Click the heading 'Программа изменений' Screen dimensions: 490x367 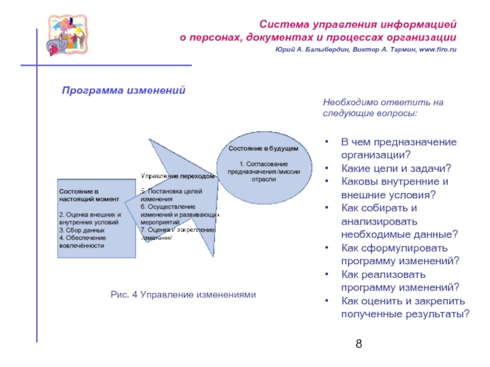(x=123, y=91)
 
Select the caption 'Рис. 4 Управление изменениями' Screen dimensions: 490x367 (x=183, y=295)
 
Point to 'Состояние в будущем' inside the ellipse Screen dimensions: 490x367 (x=263, y=149)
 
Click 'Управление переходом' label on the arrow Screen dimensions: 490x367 (x=178, y=176)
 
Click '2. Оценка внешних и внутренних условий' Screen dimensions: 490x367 (x=90, y=219)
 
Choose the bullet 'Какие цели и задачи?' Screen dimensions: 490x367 (x=396, y=168)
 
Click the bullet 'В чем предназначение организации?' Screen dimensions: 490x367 (x=398, y=148)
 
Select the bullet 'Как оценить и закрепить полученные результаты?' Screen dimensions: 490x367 (x=405, y=308)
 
